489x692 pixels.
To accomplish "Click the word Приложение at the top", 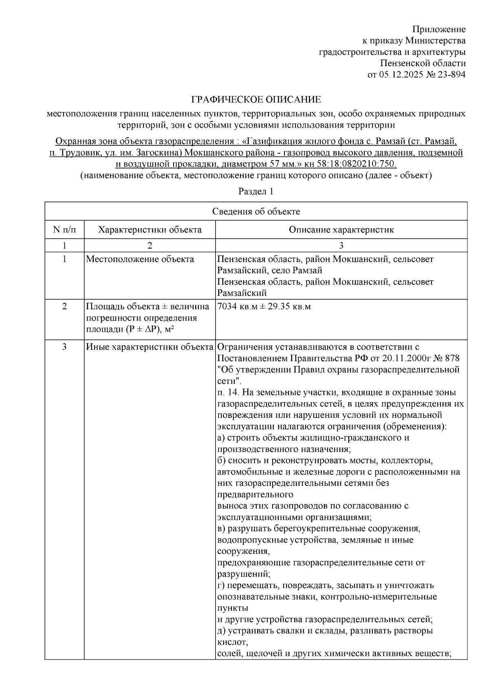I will tap(438, 29).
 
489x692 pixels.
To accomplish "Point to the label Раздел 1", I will tap(256, 192).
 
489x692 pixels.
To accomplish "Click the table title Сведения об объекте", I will tap(256, 211).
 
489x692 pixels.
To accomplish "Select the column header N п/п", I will tap(64, 230).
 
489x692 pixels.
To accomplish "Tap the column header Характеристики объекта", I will tap(150, 230).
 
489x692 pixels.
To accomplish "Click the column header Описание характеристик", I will tap(341, 230).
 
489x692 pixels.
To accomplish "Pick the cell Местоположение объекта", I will tap(140, 260).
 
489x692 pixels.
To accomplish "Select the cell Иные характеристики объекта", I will tap(150, 347).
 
